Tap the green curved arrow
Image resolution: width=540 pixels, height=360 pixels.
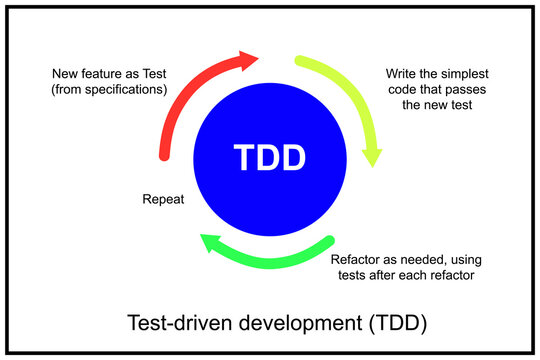(270, 262)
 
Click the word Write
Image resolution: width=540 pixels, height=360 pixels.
(403, 73)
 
